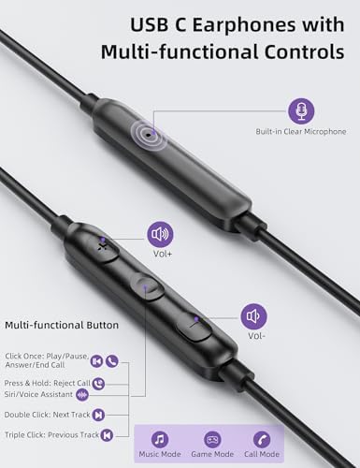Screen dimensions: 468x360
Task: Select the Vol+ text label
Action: coord(160,255)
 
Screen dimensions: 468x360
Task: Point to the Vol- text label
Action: coord(255,336)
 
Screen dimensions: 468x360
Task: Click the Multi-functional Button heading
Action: coord(62,325)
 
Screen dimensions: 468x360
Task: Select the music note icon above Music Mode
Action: coord(160,438)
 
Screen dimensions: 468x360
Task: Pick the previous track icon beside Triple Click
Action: coord(109,434)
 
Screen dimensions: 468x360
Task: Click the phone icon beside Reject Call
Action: coord(98,383)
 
